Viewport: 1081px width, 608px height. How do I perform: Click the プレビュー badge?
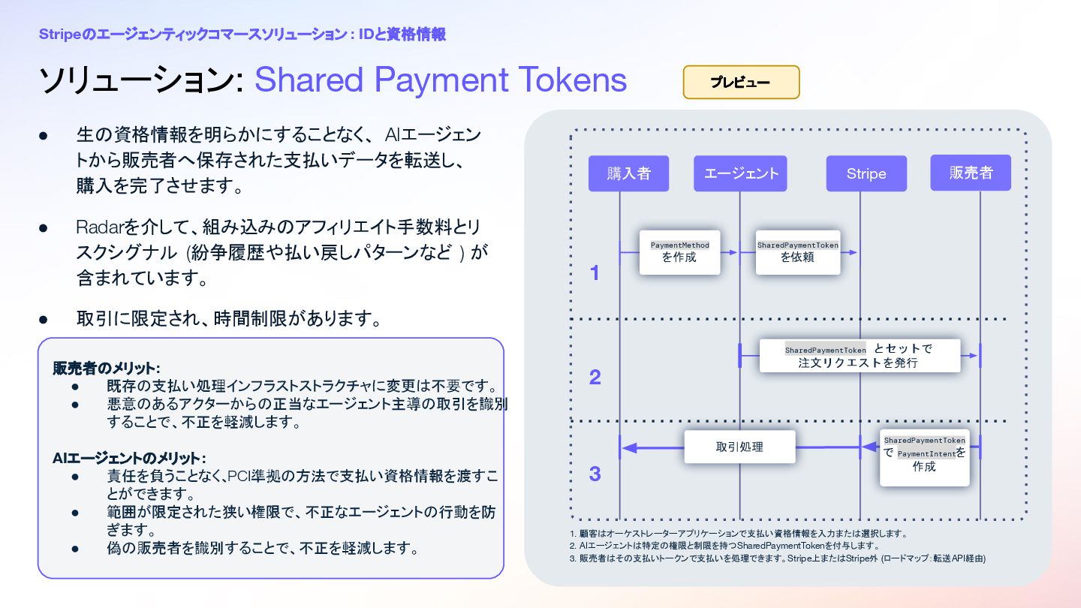point(741,82)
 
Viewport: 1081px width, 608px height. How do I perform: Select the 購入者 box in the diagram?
point(628,173)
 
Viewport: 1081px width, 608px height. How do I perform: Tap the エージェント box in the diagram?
point(740,173)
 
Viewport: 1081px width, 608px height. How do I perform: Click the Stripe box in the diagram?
point(866,173)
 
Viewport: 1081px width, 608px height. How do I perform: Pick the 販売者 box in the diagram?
point(970,173)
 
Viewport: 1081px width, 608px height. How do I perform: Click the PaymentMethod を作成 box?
point(679,252)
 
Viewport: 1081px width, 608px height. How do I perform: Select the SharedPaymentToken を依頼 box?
point(797,252)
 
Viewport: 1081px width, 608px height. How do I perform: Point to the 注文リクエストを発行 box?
point(860,356)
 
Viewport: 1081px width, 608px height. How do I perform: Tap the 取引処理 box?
point(739,447)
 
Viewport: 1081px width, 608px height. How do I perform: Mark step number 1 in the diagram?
point(595,273)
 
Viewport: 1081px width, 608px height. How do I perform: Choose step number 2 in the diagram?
point(595,377)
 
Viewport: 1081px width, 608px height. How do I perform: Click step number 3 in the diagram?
point(595,474)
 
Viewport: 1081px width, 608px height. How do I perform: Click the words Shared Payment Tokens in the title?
point(441,80)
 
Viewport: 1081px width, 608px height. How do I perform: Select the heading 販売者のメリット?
point(106,368)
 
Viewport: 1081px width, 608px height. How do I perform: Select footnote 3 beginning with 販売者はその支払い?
point(777,558)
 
